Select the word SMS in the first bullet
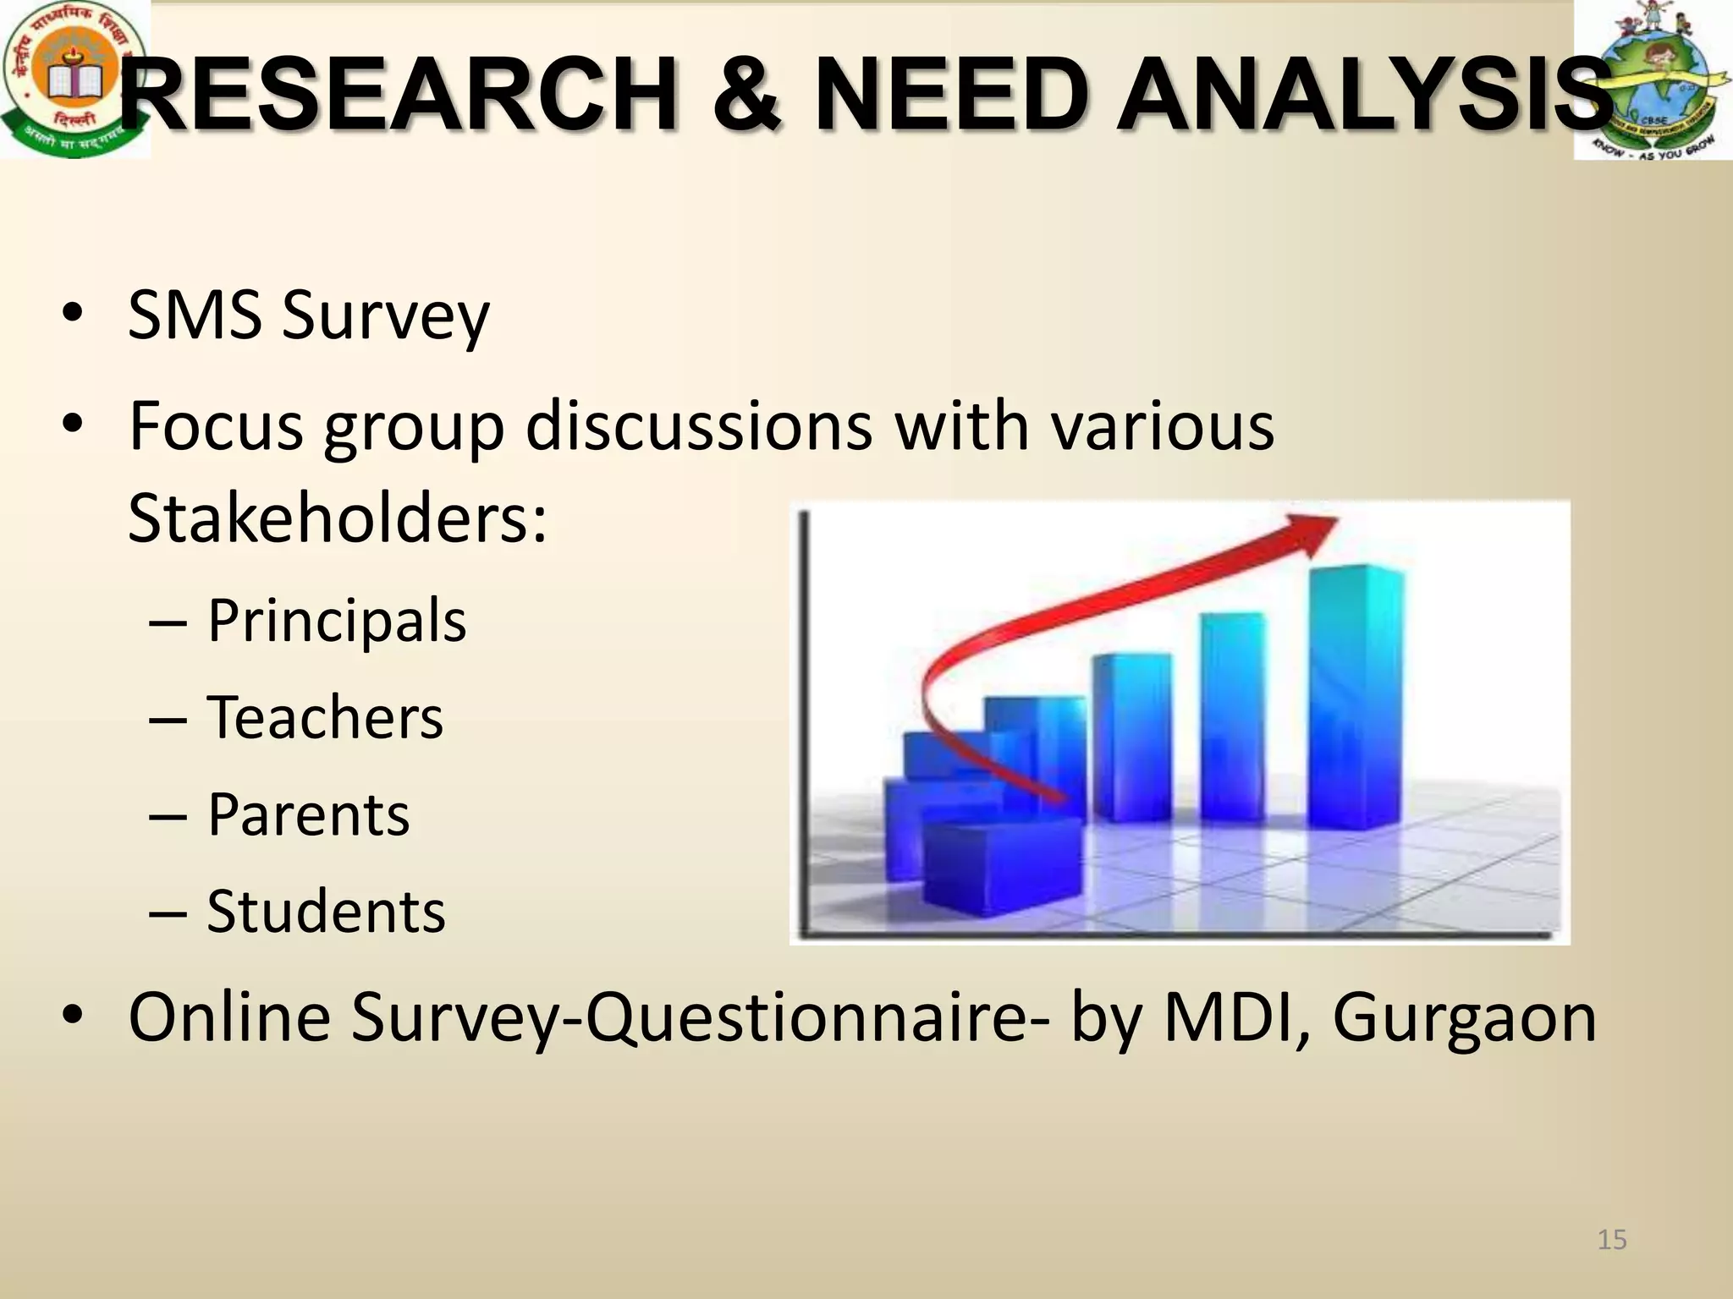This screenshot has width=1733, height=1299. (x=195, y=315)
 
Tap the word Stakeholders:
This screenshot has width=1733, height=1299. (x=338, y=518)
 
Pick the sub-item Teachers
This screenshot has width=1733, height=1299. (x=325, y=718)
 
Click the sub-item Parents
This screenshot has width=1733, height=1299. (x=309, y=815)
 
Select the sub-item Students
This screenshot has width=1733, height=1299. (x=326, y=912)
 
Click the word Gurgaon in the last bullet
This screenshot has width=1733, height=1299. (x=1465, y=1017)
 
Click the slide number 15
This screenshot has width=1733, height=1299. (x=1612, y=1240)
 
